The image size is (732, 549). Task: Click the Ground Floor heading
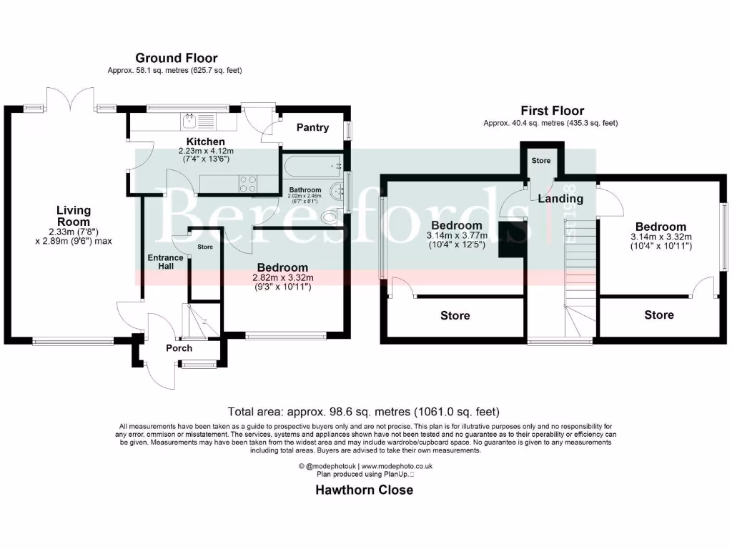click(177, 58)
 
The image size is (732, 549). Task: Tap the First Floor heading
click(552, 111)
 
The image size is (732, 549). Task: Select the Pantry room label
click(312, 127)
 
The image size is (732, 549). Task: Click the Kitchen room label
click(206, 142)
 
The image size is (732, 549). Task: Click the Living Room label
click(74, 216)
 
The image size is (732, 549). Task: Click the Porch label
click(179, 348)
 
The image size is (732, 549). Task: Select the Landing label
click(560, 198)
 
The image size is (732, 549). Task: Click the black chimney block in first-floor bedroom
click(511, 239)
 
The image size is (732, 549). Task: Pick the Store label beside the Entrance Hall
click(205, 247)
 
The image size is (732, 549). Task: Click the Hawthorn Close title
click(365, 490)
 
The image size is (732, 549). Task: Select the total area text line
click(363, 412)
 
